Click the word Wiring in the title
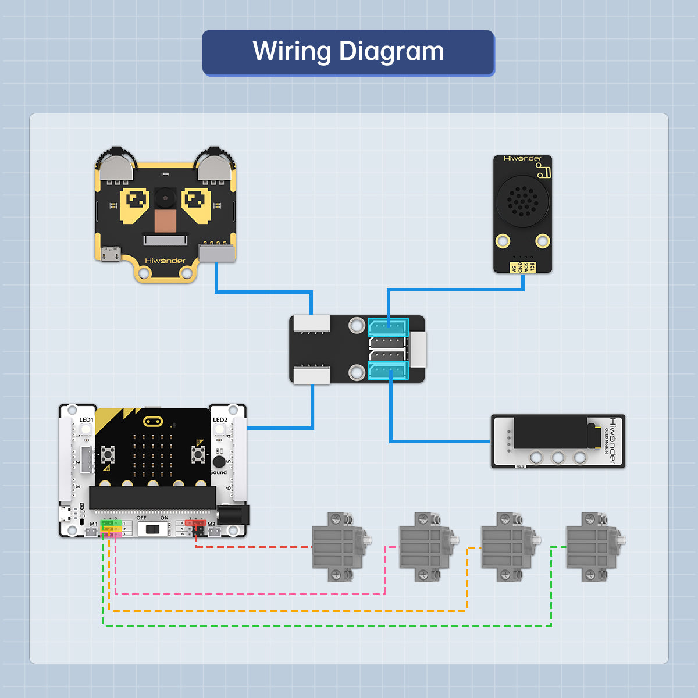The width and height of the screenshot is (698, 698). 293,52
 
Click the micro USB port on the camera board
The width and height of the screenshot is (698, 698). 111,254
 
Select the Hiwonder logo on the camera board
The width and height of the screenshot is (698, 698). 165,261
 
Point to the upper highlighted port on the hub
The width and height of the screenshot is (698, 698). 388,327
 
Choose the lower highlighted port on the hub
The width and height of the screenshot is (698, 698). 388,371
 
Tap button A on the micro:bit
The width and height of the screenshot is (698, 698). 108,453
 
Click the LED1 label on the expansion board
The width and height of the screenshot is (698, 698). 86,420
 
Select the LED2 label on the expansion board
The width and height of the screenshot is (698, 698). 220,420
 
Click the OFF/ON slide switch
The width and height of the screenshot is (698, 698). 153,529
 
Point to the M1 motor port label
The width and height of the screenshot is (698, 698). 94,524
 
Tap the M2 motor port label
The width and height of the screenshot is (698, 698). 212,524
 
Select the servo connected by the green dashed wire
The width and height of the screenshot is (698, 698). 591,547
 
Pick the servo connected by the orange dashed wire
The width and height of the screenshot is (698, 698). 506,547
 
